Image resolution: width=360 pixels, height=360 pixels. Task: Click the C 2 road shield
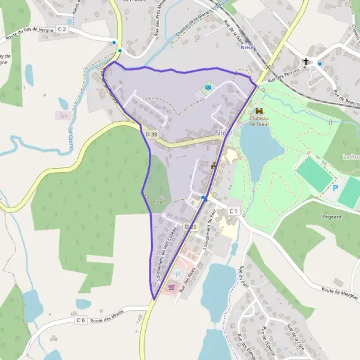[x=62, y=29]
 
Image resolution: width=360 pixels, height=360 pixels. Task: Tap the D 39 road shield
[x=151, y=135]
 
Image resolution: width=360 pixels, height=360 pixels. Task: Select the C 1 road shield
[x=233, y=211]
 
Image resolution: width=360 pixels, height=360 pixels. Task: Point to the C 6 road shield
[x=81, y=320]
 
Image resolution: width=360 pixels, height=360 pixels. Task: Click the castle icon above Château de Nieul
[x=259, y=111]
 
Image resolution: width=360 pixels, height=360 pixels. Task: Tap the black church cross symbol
[x=306, y=61]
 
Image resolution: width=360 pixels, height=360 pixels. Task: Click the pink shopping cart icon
[x=172, y=287]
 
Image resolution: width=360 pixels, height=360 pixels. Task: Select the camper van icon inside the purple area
[x=208, y=88]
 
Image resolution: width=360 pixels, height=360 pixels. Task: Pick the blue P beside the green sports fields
[x=335, y=179]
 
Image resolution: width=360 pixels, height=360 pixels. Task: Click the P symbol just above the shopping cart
[x=178, y=274]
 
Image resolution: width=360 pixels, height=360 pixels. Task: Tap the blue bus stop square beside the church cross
[x=319, y=63]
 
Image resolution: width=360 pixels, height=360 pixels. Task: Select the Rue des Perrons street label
[x=283, y=75]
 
